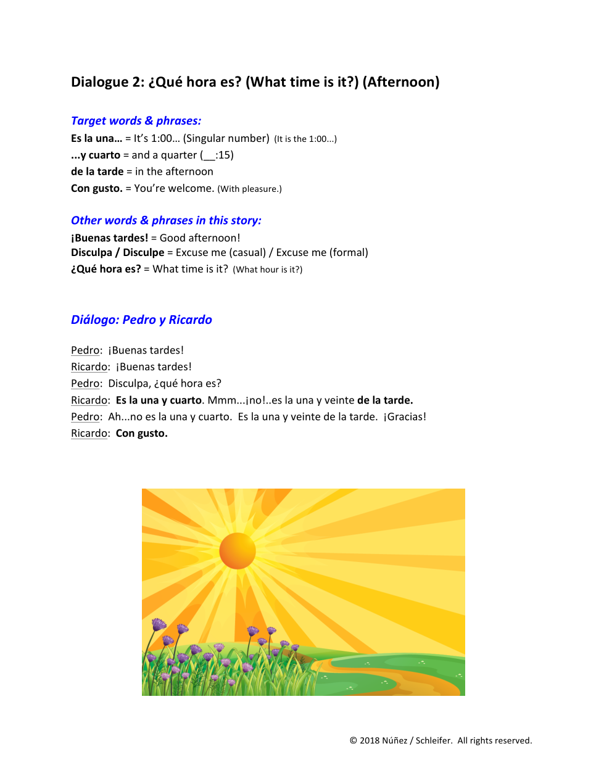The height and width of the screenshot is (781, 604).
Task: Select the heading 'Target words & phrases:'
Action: coord(136,121)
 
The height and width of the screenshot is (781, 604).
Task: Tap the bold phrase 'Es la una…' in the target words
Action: coord(96,139)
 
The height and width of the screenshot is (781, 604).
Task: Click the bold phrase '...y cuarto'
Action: coord(96,155)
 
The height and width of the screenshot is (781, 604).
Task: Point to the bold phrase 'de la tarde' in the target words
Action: coord(97,171)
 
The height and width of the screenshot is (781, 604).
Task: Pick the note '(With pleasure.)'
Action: coord(249,189)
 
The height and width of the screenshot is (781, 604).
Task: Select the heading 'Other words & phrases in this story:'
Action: coord(166,220)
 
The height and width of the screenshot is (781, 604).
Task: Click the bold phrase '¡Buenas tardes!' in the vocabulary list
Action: coord(109,238)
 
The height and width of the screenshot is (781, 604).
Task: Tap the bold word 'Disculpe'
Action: coord(143,252)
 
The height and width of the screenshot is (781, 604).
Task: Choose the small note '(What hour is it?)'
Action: coord(267,270)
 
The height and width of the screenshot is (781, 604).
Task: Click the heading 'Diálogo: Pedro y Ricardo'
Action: coord(141,320)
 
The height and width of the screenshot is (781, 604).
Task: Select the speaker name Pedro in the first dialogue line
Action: coord(86,350)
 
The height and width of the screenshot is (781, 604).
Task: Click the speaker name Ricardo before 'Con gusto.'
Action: coord(89,434)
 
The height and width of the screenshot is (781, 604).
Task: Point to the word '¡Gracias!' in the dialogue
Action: coord(405,417)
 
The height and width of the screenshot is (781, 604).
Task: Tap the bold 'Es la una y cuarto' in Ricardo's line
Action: coord(159,400)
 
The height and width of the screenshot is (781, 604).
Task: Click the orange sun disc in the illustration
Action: coord(238,550)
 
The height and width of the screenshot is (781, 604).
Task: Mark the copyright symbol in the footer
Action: coord(354,741)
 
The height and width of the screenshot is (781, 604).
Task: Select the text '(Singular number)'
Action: coord(226,139)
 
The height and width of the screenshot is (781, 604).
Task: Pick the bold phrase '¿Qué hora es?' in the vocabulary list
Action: coord(105,269)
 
